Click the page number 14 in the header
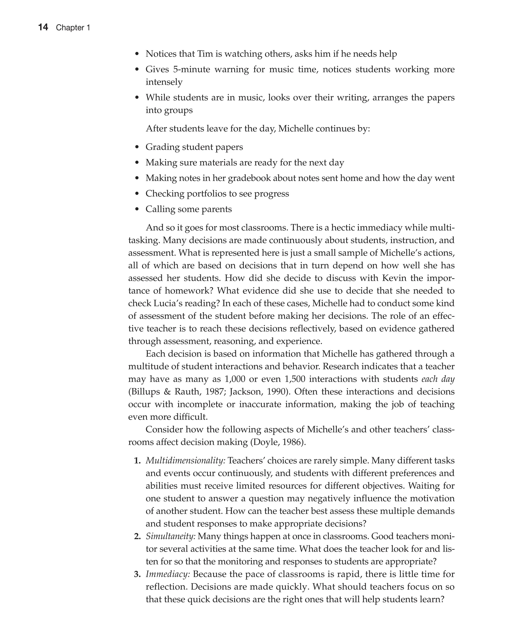[43, 27]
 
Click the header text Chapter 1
[73, 28]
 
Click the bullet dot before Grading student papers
[137, 147]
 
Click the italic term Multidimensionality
[185, 461]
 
